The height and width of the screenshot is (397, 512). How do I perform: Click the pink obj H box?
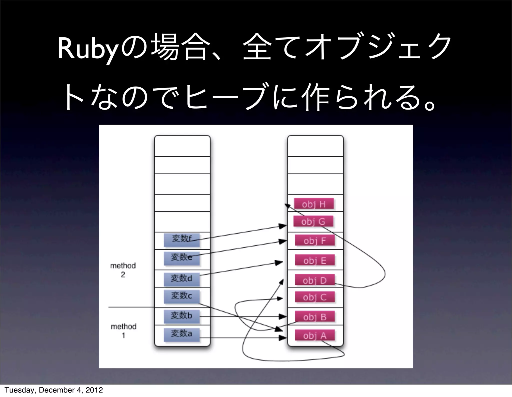coord(314,204)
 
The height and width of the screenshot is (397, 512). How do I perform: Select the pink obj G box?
coord(313,221)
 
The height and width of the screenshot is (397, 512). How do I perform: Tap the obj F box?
coord(314,241)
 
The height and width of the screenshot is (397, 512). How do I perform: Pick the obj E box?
coord(314,260)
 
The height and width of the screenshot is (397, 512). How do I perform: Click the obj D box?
coord(314,280)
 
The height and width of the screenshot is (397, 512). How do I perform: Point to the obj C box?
coord(314,297)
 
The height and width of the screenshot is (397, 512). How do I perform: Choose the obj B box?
coord(314,317)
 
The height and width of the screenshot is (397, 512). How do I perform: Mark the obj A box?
coord(314,335)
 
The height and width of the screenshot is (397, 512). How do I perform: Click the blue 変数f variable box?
coord(182,240)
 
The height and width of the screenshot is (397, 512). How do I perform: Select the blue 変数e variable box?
coord(182,258)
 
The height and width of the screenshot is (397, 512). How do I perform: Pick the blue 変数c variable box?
coord(182,296)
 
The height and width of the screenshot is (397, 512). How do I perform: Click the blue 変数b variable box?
coord(182,316)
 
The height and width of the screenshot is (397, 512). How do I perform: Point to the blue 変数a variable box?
coord(182,334)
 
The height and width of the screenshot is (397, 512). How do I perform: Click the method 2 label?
coord(123,270)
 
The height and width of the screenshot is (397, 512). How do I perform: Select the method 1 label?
coord(123,331)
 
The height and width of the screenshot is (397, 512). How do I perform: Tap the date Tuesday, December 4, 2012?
coord(53,390)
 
